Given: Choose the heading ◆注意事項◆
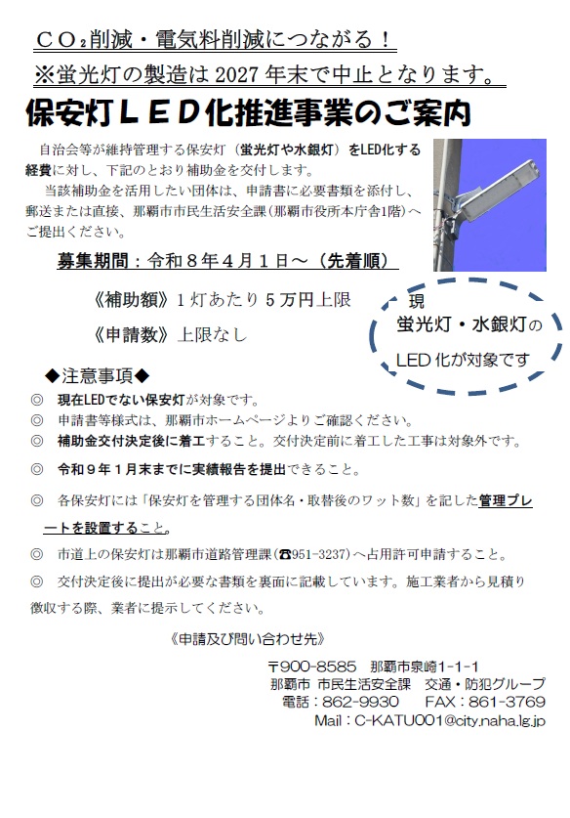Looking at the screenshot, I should click(98, 375).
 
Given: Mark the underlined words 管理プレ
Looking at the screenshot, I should click(511, 500).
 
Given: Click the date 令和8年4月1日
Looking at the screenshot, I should click(223, 261).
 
